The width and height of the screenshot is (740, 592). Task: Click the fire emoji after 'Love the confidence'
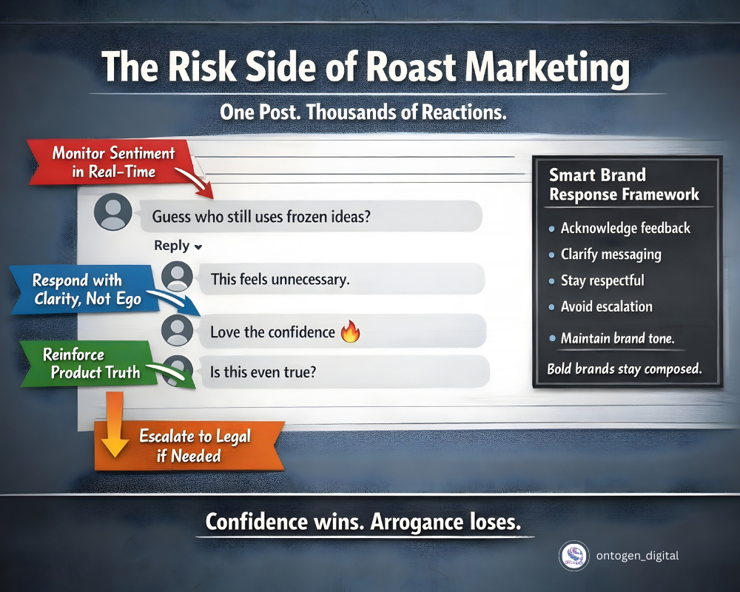click(349, 332)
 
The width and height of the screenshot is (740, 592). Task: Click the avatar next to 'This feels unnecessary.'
click(178, 277)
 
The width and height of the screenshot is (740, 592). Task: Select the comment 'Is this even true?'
click(263, 372)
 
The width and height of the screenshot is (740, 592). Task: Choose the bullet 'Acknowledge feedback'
click(625, 228)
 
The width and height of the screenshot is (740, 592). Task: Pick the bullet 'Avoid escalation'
click(606, 306)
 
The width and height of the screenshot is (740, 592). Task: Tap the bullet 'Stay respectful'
click(602, 280)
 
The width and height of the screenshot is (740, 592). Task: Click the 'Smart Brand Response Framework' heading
click(623, 185)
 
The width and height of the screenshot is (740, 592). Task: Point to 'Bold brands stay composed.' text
click(623, 368)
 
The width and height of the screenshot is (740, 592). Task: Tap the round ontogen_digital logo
click(573, 556)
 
